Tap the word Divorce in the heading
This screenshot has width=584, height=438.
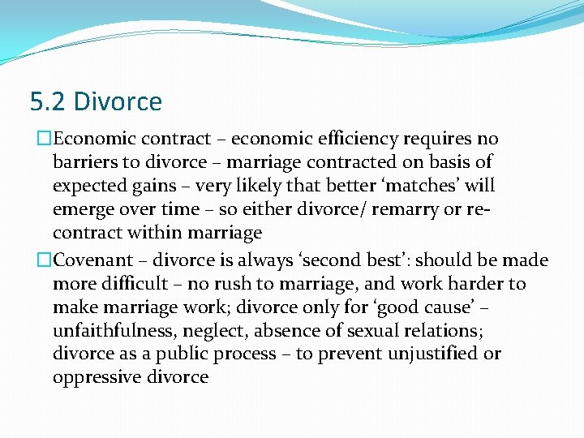118,102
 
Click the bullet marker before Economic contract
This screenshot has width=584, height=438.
32,140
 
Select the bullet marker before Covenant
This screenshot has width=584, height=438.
32,260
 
